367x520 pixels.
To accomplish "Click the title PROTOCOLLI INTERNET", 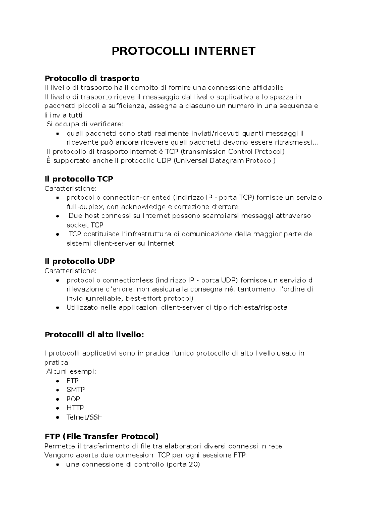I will pos(183,51).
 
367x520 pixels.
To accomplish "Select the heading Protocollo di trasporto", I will pos(92,78).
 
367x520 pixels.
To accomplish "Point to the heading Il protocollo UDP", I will pos(80,261).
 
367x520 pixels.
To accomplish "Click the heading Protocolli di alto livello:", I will pos(94,334).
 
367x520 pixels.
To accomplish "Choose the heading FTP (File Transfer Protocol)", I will pos(102,436).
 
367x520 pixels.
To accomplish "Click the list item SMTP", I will pos(76,390).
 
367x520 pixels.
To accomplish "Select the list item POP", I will pos(73,399).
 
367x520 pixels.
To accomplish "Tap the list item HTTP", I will pos(75,408).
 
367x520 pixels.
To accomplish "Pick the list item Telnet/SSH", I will pos(84,417).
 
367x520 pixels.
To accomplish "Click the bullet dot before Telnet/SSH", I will pos(57,417).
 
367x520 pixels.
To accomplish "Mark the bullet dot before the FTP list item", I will pos(57,381).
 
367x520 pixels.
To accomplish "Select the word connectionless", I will pos(128,280).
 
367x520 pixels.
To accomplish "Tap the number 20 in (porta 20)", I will pos(193,464).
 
